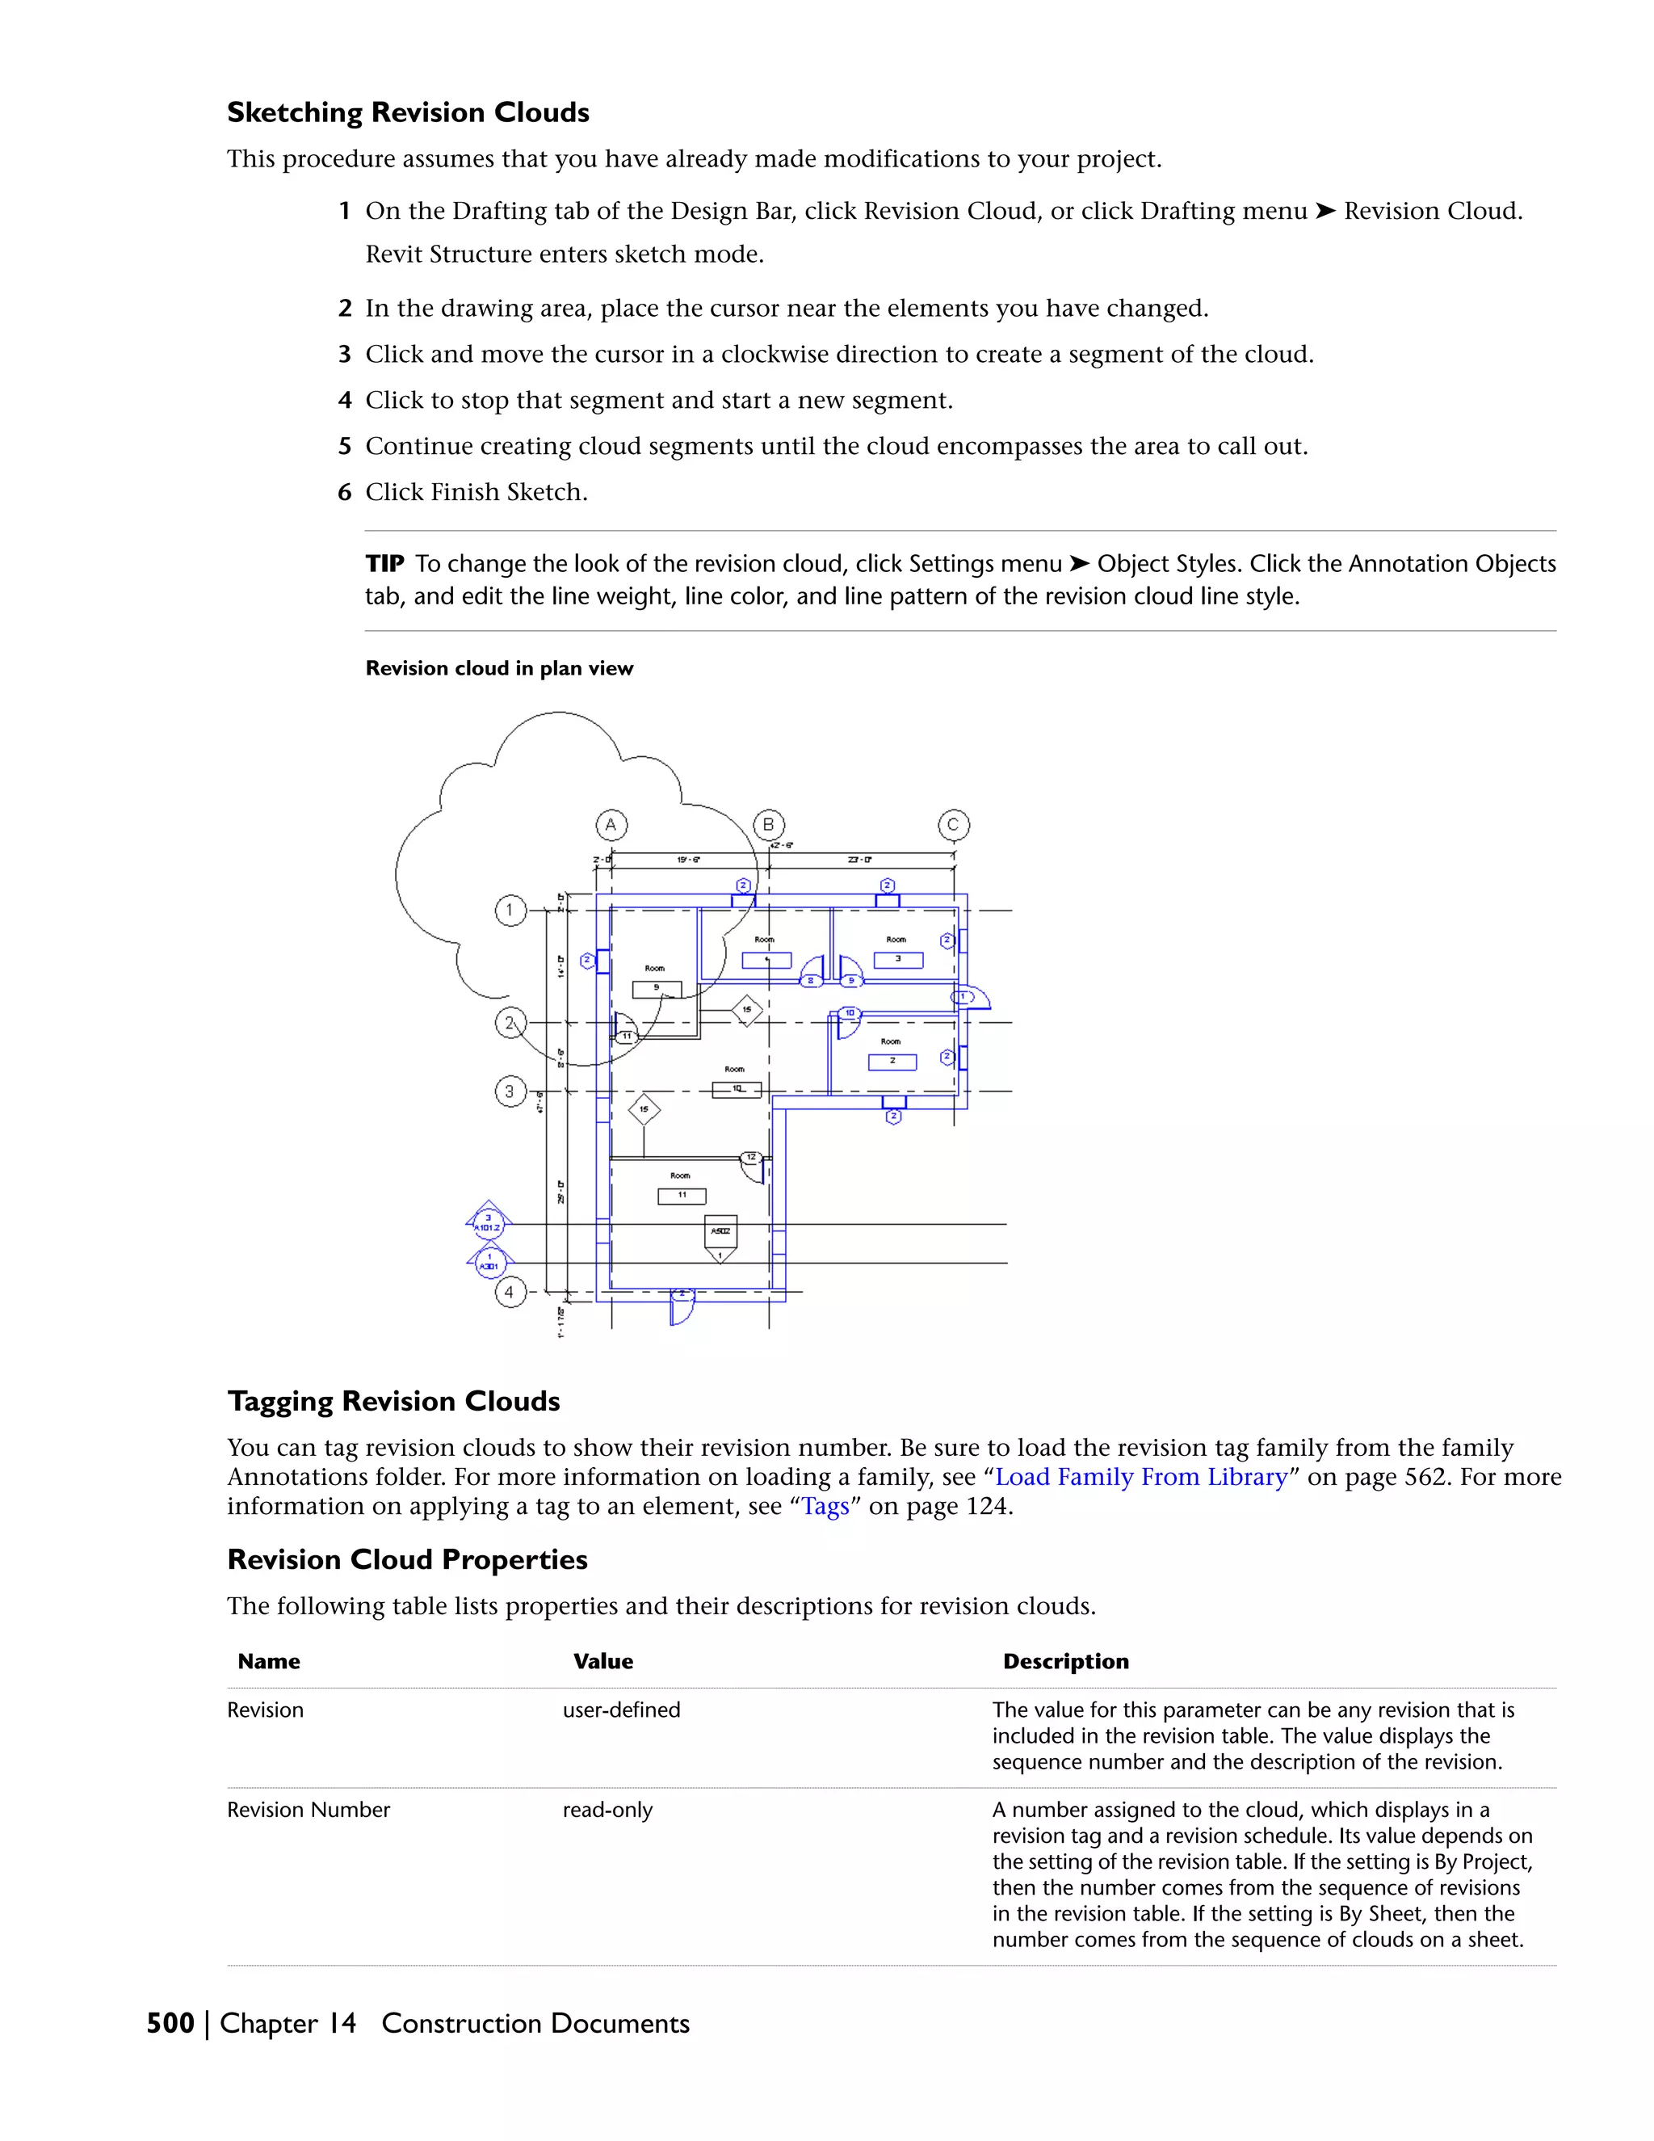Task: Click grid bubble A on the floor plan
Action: [x=611, y=826]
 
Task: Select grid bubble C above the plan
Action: [x=954, y=826]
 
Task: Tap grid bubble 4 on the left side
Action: [x=510, y=1292]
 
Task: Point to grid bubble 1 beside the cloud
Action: [x=510, y=911]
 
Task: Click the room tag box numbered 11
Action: [x=682, y=1196]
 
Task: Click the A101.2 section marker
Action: [x=488, y=1223]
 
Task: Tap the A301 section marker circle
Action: [x=489, y=1264]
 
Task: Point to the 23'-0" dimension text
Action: [x=859, y=860]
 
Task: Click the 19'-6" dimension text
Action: [x=688, y=860]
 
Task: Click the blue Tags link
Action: [x=825, y=1506]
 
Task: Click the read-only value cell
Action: [x=607, y=1810]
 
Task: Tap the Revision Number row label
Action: [x=309, y=1810]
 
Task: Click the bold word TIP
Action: [x=384, y=564]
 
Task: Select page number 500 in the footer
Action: [x=170, y=2023]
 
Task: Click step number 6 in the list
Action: [x=345, y=492]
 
